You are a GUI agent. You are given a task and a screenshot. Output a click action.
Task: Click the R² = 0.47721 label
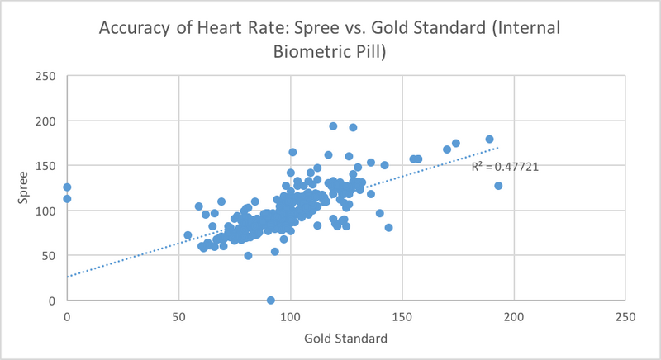(x=506, y=167)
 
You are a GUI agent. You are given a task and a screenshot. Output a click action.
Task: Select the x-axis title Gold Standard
(x=346, y=338)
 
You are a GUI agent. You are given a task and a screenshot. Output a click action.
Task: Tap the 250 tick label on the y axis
(x=48, y=77)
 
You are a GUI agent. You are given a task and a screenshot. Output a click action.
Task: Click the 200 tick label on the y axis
(x=48, y=121)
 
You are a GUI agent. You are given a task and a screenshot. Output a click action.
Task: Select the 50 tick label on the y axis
(x=51, y=256)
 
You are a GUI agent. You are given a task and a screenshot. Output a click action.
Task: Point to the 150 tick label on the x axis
(x=402, y=316)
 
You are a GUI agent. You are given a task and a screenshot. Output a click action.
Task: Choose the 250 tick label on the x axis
(x=626, y=316)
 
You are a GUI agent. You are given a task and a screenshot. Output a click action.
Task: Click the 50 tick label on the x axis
(x=178, y=316)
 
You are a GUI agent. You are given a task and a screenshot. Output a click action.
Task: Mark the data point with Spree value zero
(x=271, y=300)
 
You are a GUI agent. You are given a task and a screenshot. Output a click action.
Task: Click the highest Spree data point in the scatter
(x=333, y=126)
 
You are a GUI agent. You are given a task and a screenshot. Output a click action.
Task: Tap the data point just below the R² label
(x=498, y=186)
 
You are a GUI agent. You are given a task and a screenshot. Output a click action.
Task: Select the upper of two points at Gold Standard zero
(x=67, y=187)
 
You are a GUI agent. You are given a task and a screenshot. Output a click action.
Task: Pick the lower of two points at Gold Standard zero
(x=67, y=199)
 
